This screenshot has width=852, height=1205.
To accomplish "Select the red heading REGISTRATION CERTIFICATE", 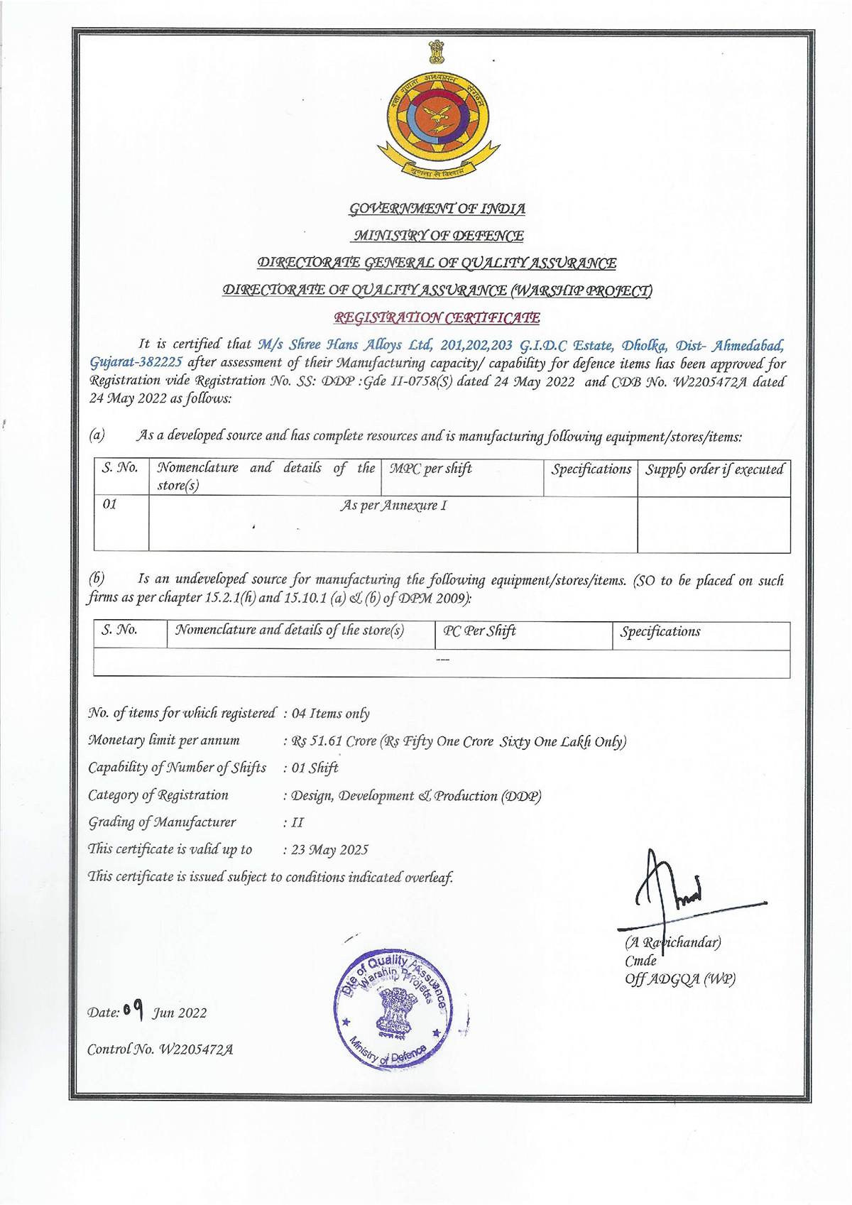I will [x=437, y=318].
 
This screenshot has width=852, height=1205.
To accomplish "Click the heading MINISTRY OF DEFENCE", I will [x=438, y=236].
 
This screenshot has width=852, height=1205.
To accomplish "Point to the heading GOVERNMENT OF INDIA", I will [x=437, y=209].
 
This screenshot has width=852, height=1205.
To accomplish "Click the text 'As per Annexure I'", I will [x=393, y=506].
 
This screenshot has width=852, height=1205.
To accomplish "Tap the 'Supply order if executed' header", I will [x=714, y=469].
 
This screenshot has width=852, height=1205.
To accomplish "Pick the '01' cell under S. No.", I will [x=110, y=505].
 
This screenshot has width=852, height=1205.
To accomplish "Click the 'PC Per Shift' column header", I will [x=479, y=631].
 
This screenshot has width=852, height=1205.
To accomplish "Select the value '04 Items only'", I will [x=331, y=714].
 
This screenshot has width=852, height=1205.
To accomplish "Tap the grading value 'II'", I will [x=297, y=823].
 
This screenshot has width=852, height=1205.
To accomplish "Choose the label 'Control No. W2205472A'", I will [x=160, y=1049].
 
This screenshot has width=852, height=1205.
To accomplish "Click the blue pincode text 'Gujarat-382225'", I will [x=136, y=363].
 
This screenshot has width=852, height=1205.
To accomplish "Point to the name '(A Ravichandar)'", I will [x=673, y=943].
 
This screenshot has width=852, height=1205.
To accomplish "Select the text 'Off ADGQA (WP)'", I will [x=680, y=979].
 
